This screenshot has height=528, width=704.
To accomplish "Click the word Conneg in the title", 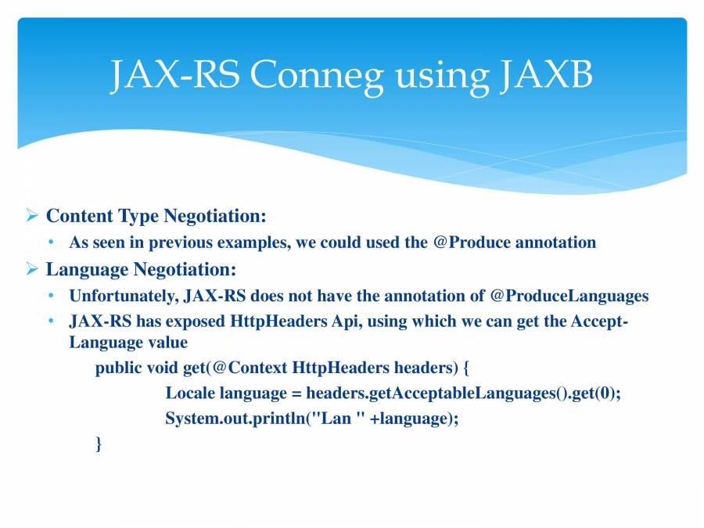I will point(318,76).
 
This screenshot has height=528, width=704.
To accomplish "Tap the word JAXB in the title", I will point(541,76).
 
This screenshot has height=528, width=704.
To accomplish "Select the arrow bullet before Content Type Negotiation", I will point(32,215).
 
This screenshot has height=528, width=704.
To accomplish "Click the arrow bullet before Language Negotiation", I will point(32,269).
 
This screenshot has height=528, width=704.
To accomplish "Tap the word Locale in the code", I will point(190,393).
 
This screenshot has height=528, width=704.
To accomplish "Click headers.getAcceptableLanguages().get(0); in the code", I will point(463,393).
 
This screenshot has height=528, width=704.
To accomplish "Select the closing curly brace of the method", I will point(99,444).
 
